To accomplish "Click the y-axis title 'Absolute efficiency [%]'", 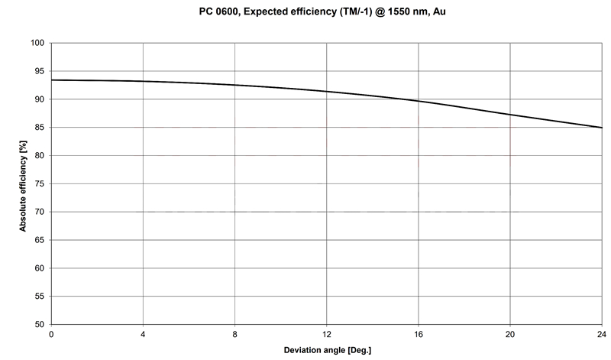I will point(23,183).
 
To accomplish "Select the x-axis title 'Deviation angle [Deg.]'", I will point(326,350).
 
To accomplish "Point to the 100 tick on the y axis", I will point(37,43).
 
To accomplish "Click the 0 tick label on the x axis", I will point(51,334).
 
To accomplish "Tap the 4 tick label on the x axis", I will point(143,334).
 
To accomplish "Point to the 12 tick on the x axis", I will point(326,334).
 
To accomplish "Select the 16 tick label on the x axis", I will point(418,334).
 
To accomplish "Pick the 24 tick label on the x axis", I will point(601,334).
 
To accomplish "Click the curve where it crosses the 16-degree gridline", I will point(418,100).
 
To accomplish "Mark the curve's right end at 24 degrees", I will point(601,128).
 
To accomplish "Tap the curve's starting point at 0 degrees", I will point(51,80).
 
